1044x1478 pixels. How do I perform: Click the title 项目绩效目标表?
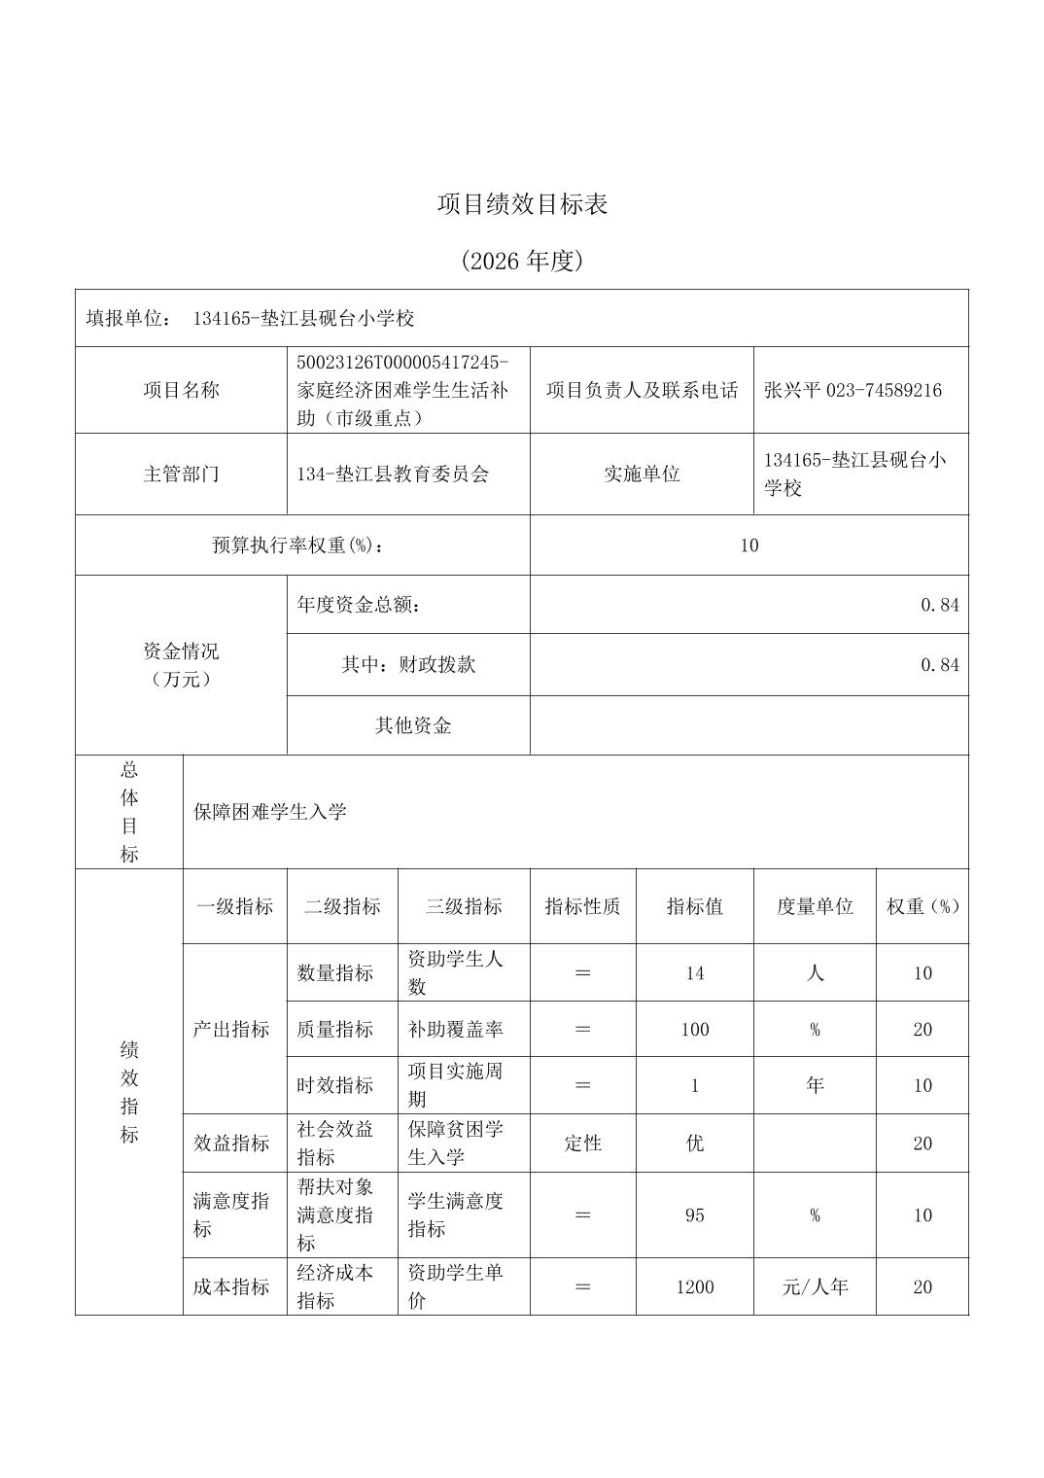click(x=522, y=204)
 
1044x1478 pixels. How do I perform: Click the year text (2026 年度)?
click(x=522, y=261)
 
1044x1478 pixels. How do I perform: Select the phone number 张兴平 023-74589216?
click(x=853, y=390)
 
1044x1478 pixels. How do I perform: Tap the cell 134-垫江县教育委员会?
click(x=393, y=474)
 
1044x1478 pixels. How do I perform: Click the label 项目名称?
click(x=181, y=390)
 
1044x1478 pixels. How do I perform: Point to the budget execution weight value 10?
click(x=748, y=545)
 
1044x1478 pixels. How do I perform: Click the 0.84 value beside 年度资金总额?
click(x=939, y=605)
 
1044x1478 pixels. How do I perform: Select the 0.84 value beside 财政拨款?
click(x=939, y=665)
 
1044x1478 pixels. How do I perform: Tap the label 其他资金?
click(x=413, y=725)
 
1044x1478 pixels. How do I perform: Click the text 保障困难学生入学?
click(x=270, y=812)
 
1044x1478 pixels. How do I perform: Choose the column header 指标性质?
click(x=582, y=906)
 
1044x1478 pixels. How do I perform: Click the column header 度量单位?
click(x=815, y=906)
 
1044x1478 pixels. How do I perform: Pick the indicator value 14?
click(x=694, y=972)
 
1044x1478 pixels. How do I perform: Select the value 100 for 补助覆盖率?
click(x=694, y=1029)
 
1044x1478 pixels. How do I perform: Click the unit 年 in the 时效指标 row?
click(x=815, y=1085)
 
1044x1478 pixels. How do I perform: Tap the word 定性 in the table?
click(x=582, y=1143)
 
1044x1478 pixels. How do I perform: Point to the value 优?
click(x=694, y=1143)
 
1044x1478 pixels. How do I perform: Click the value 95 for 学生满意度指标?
click(x=694, y=1214)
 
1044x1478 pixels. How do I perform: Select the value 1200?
click(x=694, y=1286)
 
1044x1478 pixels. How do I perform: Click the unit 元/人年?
click(x=815, y=1286)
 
